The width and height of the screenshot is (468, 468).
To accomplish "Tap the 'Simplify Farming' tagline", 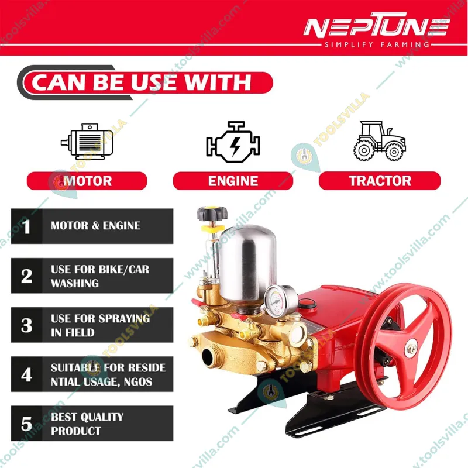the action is (377, 45).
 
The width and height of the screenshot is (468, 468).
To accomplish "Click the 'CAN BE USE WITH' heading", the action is (141, 82).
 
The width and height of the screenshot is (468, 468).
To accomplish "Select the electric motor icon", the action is (87, 142).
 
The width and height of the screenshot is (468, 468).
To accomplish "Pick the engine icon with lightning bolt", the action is (233, 142).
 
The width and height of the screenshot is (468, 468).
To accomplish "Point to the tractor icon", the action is (380, 141).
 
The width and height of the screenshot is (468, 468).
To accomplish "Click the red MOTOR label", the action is (87, 181).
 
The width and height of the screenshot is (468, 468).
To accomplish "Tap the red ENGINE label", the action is (233, 181).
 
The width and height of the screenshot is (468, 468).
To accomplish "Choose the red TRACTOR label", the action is (380, 181).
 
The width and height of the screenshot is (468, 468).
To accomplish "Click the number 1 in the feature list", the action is (27, 226).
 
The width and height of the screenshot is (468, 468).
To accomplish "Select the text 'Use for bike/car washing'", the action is (99, 276).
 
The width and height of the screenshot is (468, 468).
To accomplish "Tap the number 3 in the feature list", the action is (27, 325).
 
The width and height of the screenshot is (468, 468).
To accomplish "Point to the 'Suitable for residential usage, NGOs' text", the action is (108, 374).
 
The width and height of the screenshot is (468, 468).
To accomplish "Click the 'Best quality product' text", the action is (87, 424).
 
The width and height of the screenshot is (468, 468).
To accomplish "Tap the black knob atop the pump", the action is (212, 214).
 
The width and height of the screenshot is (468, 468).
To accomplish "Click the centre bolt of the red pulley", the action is (412, 347).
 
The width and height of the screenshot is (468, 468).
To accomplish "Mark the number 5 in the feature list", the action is (27, 424).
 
